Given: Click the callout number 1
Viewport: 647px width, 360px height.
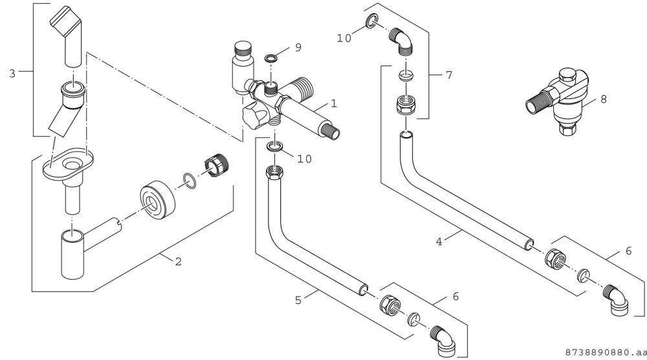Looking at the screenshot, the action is [x=334, y=103].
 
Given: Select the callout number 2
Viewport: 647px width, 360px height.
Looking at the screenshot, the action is [x=179, y=262].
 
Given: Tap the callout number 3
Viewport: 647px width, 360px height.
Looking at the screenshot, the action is [x=12, y=73].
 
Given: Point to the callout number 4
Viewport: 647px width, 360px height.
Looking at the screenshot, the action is [x=439, y=242].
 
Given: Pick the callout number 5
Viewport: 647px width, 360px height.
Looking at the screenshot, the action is [x=298, y=300].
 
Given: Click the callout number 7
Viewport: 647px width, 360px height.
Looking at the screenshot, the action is [x=449, y=75].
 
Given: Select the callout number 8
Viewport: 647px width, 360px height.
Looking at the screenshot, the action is [x=604, y=99].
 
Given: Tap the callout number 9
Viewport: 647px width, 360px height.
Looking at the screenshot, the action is [x=298, y=47].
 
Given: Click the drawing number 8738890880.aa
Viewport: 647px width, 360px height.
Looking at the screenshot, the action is [x=606, y=353].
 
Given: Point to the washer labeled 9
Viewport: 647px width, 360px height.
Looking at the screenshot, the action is [x=270, y=57].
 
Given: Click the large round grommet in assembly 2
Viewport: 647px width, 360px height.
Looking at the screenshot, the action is [x=158, y=200].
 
